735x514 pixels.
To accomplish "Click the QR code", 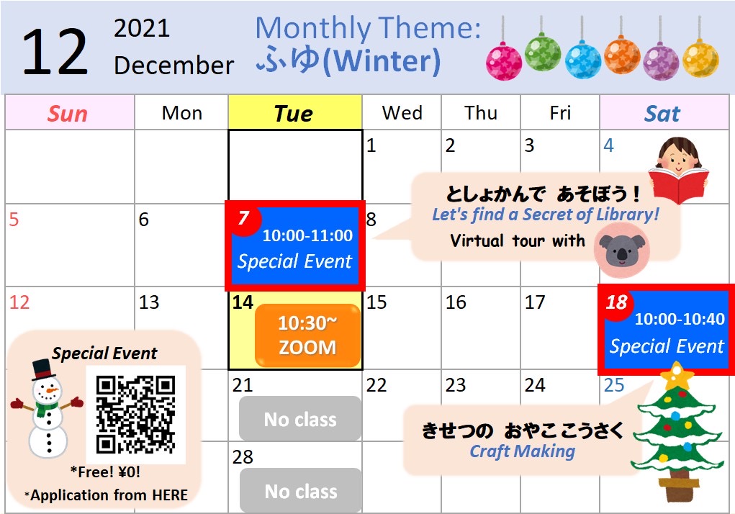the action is pos(136,415).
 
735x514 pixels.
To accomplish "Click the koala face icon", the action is pos(621,249).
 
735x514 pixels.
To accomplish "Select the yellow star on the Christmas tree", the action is pos(676,375).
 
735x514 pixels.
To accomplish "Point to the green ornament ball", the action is pos(542,53).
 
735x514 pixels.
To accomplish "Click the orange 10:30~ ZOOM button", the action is pos(307,335).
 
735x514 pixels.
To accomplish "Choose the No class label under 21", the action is pos(300,419).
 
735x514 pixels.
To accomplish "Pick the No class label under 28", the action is pos(300,491).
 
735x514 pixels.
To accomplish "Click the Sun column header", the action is pos(68,114).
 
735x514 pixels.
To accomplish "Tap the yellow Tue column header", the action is pos(295,112).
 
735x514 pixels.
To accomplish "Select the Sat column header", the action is pos(662,114).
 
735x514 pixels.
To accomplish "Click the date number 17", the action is pos(535,302).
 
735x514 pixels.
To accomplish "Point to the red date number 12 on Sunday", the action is pos(19,302).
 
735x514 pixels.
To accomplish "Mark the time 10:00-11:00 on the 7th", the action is pos(307,235).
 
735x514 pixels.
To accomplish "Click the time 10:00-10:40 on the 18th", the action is pos(680,319).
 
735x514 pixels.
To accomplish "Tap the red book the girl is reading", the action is pos(679,185).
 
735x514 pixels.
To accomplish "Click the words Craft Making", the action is pos(522,451).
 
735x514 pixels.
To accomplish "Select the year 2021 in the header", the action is pos(142,28).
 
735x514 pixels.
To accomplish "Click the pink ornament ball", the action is pos(504,61).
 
